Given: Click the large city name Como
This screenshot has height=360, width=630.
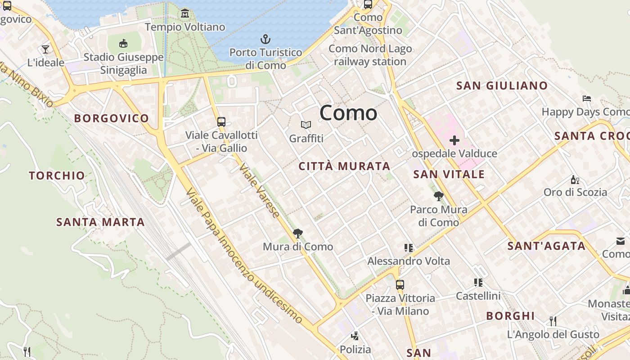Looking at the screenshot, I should tap(348, 113).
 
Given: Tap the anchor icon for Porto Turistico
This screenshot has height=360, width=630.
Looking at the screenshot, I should tap(265, 39).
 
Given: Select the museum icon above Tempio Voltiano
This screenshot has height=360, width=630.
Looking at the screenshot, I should tap(185, 13).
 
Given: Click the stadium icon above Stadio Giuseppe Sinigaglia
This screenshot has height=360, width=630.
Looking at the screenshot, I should tap(123, 43).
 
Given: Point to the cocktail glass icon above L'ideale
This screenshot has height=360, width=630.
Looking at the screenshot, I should tap(45, 49).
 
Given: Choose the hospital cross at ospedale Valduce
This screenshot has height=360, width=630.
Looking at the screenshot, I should tap(454, 140).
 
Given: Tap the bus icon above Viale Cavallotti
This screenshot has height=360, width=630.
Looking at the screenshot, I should tap(221, 121).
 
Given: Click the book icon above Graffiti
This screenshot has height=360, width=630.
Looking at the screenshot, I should tap(306, 125).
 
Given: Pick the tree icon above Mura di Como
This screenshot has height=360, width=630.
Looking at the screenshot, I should tap(297, 233).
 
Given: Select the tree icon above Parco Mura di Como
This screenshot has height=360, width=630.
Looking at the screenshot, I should tap(439, 196).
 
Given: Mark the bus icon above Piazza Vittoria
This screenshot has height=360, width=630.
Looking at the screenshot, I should tap(400, 284).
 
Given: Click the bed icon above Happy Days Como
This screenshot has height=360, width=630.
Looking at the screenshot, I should tap(586, 98).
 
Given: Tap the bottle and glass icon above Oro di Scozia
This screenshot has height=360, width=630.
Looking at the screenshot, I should tap(575, 180).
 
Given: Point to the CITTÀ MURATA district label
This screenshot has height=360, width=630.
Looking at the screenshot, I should tap(344, 166).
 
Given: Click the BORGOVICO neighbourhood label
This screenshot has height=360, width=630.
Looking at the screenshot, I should tap(111, 118).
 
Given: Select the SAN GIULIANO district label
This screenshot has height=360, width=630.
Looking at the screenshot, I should tap(502, 85).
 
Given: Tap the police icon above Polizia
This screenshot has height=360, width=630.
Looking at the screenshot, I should tap(355, 336).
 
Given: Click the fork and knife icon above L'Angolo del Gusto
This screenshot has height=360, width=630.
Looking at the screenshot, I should tap(553, 321).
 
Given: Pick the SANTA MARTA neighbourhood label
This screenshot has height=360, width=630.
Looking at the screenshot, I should tap(100, 222).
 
